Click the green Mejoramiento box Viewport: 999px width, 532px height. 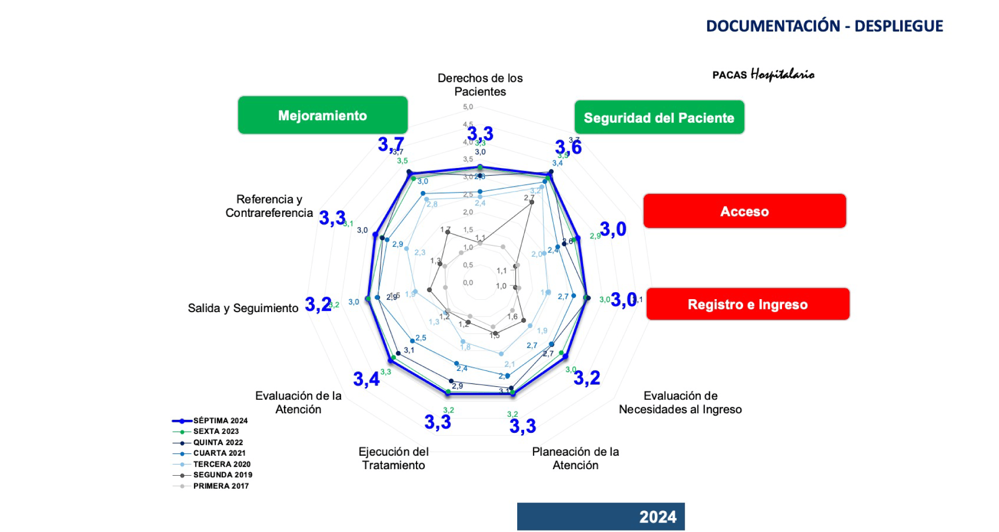(323, 115)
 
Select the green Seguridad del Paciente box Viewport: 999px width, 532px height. (659, 118)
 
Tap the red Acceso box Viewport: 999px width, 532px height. (744, 211)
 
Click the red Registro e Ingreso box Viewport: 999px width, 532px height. (748, 304)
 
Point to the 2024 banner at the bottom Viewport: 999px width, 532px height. (600, 517)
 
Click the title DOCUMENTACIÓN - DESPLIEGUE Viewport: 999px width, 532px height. (824, 26)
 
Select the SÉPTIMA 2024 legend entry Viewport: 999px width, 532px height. (220, 420)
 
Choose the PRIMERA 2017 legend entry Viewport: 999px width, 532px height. (220, 486)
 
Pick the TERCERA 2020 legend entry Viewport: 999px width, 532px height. (221, 464)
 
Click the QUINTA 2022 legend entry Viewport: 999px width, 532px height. (218, 442)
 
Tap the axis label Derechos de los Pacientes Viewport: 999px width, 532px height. (480, 85)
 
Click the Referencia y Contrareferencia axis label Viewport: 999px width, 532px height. (269, 206)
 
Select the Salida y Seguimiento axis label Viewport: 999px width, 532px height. (243, 308)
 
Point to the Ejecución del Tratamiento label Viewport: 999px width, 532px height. (394, 458)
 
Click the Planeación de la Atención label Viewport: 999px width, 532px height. (576, 458)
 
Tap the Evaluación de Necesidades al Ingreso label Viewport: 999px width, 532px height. (680, 402)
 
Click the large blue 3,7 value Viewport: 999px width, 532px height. (391, 145)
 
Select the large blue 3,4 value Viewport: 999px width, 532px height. (366, 379)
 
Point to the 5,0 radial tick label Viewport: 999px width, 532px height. (468, 107)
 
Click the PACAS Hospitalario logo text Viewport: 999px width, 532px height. (763, 75)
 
